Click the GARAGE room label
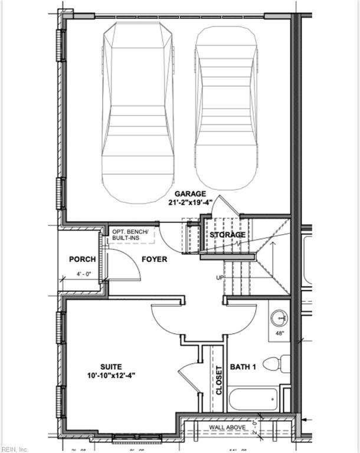pos(189,193)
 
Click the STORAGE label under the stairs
pos(228,235)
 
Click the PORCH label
pos(82,259)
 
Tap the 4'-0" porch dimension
pos(83,274)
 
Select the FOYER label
pos(153,259)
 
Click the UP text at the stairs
pos(220,277)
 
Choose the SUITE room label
pos(110,365)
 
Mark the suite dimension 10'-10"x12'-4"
pos(110,375)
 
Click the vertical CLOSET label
pos(218,380)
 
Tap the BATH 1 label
pos(243,367)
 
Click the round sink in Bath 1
pos(279,319)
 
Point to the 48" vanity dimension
pos(280,333)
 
